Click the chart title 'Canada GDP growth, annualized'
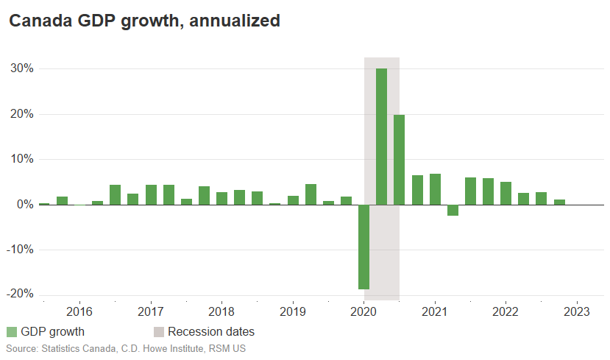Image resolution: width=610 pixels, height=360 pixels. (144, 21)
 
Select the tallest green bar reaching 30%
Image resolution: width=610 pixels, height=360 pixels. (381, 136)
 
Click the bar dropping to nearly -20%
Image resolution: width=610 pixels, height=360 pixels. (363, 247)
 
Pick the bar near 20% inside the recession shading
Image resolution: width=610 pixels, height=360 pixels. (399, 160)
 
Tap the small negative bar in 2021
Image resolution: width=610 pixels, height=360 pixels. (453, 210)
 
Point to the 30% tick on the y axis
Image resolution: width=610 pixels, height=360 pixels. (21, 68)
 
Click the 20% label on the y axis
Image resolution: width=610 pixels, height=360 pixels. (21, 114)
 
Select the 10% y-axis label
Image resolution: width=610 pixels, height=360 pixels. (21, 159)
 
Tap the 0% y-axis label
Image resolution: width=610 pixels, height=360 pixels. (24, 204)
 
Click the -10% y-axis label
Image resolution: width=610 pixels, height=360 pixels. (20, 249)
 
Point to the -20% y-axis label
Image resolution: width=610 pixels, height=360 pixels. (20, 294)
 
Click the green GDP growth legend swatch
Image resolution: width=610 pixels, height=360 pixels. (12, 332)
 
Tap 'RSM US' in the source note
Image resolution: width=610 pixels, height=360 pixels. (229, 347)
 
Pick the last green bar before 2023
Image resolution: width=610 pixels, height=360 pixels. (559, 202)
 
